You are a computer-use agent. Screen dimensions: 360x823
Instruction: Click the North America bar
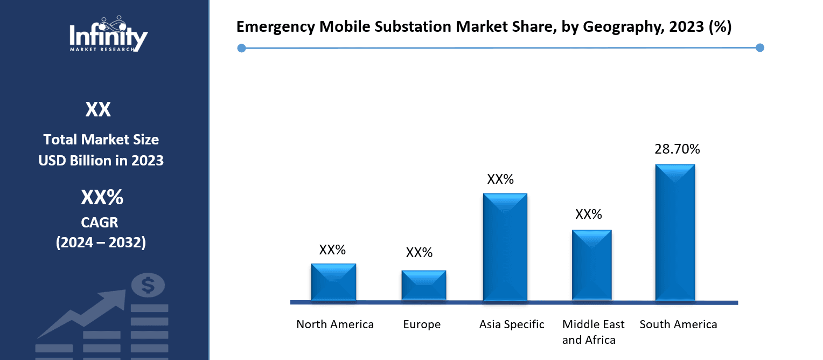tap(333, 282)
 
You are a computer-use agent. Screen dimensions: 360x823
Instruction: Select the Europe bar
tap(423, 285)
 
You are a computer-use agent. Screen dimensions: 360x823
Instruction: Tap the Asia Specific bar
tap(505, 247)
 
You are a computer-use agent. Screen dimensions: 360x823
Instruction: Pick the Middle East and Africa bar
tap(591, 265)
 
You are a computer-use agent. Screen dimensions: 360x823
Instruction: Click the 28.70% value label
tap(677, 149)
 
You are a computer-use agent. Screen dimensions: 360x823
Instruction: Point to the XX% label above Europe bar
tap(419, 252)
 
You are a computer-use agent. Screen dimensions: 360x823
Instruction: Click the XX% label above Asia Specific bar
tap(500, 179)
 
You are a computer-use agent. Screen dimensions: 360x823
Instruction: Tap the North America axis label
tap(335, 324)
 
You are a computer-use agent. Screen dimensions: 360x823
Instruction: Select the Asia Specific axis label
tap(512, 324)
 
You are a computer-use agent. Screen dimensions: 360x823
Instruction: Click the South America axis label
tap(678, 324)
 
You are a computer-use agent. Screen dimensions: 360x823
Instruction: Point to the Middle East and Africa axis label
tap(593, 332)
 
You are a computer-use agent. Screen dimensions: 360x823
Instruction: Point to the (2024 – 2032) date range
tap(101, 243)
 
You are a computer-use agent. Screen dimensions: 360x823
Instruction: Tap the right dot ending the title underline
tap(759, 48)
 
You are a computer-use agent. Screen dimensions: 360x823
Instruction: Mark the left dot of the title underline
tap(241, 49)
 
